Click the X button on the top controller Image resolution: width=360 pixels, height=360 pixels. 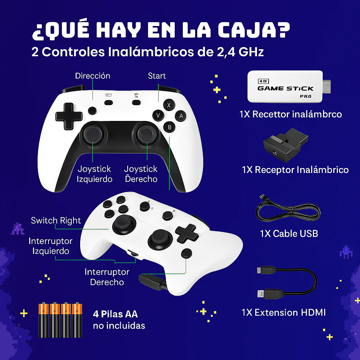tap(169, 105)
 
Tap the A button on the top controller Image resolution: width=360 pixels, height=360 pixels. tap(181, 116)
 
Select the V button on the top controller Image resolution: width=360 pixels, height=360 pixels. tap(158, 115)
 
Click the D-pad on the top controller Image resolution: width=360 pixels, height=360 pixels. tap(69, 116)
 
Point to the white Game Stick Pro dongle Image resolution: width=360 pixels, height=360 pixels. tap(285, 86)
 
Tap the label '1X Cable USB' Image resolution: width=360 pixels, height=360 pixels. tap(289, 233)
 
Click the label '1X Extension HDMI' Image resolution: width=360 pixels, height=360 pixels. tap(283, 312)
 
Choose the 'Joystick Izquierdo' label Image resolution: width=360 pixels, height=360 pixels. tap(95, 174)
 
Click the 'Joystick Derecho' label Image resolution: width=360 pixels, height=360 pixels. tap(141, 174)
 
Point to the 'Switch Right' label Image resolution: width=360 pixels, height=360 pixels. tap(56, 221)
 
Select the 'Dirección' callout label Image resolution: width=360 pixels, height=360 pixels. tap(92, 76)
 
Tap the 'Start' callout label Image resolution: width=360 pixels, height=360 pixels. tap(157, 76)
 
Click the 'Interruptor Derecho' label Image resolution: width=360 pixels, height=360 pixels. tap(107, 277)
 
